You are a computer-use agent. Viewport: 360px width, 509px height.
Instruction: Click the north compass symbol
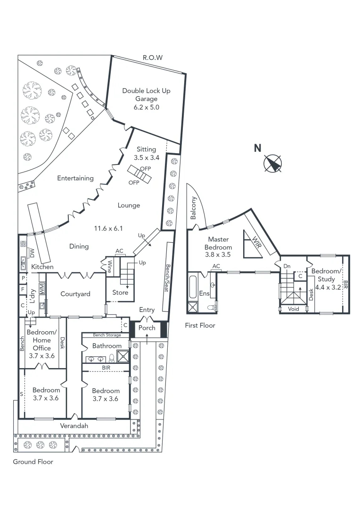pos(272,164)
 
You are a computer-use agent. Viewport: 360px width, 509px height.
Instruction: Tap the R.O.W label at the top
pos(153,57)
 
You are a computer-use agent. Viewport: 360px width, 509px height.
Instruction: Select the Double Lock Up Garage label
pos(147,95)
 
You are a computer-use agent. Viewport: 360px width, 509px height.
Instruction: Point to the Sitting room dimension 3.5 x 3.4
pos(147,158)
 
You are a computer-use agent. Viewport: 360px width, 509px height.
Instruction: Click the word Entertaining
pos(75,178)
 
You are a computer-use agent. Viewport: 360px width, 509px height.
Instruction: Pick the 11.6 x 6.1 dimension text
pos(108,228)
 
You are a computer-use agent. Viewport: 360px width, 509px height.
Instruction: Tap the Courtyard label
pos(75,294)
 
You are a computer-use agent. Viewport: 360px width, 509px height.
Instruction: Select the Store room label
pos(120,293)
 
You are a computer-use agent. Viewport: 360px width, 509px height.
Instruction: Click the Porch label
pos(147,328)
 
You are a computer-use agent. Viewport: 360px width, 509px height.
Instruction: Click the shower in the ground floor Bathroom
pos(123,356)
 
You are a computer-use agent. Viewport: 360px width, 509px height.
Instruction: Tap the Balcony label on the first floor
pos(193,208)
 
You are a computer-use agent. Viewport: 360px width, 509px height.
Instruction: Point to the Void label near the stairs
pos(293,309)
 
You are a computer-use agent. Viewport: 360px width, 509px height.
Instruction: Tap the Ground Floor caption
pos(33,462)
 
